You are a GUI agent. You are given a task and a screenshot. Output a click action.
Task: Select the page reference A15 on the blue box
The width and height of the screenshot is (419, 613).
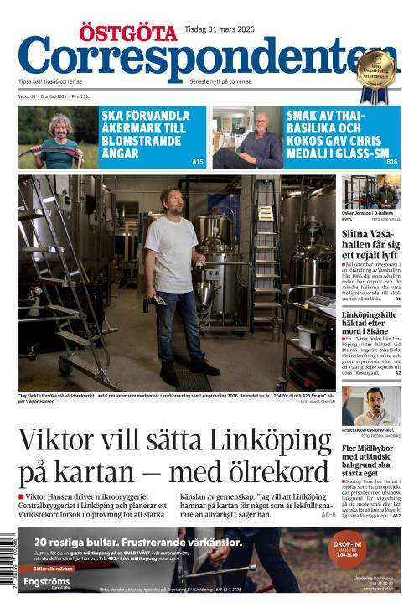click(x=198, y=161)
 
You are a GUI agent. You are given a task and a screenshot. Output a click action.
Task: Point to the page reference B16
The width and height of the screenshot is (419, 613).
click(x=392, y=161)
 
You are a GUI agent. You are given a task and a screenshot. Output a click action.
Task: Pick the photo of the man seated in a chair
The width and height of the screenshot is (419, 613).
click(x=247, y=138)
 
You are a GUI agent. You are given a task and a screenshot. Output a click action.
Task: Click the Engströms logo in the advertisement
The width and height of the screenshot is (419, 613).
click(x=48, y=580)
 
